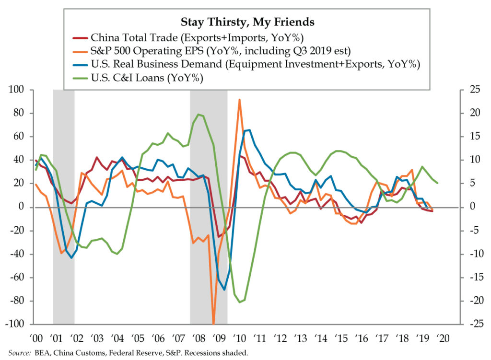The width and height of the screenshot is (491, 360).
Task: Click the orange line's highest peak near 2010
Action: pos(239,100)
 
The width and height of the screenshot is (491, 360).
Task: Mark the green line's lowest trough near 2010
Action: pos(240,302)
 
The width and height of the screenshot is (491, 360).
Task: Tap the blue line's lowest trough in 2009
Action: pos(224,290)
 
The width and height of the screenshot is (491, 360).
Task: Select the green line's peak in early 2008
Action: pos(199,115)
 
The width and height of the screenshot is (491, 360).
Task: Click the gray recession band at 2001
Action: pos(63,206)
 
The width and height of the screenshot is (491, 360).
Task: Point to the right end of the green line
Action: pos(437,183)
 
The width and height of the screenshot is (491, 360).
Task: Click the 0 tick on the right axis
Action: pos(466,207)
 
